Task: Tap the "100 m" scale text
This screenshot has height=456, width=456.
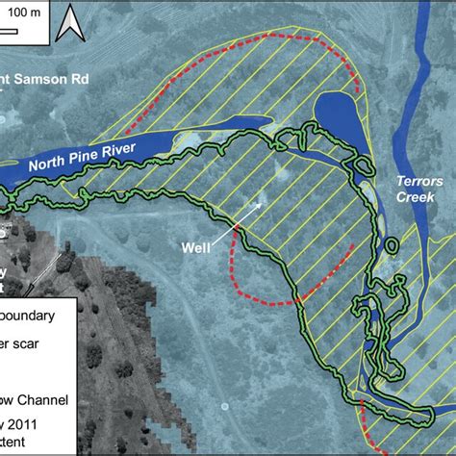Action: tap(23, 13)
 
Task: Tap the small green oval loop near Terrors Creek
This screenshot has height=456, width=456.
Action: tap(359, 165)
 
